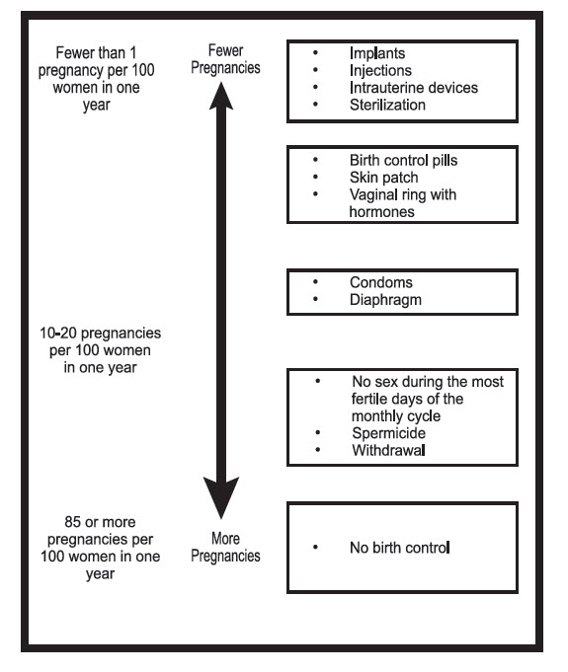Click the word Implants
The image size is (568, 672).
pyautogui.click(x=377, y=53)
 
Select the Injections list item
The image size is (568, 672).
pyautogui.click(x=380, y=71)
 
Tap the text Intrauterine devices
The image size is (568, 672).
pyautogui.click(x=414, y=88)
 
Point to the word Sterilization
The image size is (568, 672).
pyautogui.click(x=387, y=105)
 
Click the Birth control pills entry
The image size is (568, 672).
pyautogui.click(x=403, y=160)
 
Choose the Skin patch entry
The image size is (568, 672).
pyautogui.click(x=383, y=178)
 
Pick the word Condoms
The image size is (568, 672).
pyautogui.click(x=381, y=282)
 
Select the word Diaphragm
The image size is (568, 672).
pyautogui.click(x=385, y=300)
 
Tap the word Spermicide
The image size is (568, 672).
pyautogui.click(x=388, y=433)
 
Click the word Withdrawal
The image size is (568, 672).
pyautogui.click(x=388, y=450)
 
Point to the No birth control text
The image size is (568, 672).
pyautogui.click(x=400, y=548)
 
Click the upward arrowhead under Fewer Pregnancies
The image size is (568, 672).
pyautogui.click(x=221, y=96)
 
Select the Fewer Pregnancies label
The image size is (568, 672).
pyautogui.click(x=225, y=59)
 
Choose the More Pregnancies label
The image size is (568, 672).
pyautogui.click(x=225, y=548)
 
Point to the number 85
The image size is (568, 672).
pyautogui.click(x=73, y=522)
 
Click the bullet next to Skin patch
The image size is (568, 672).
pyautogui.click(x=316, y=177)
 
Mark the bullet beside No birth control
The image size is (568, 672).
pyautogui.click(x=316, y=547)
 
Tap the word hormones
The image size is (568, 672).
pyautogui.click(x=382, y=212)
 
